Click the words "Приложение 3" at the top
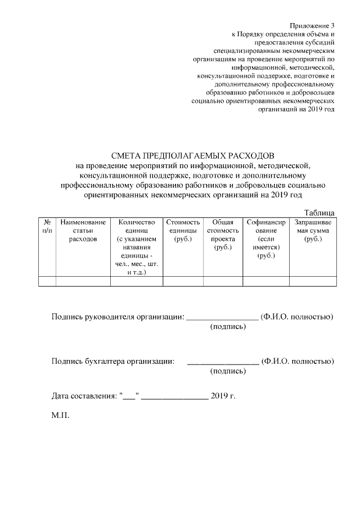[312, 26]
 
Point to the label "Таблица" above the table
[319, 212]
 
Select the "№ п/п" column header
[47, 227]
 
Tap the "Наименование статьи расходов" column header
[83, 231]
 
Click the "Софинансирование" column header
[265, 227]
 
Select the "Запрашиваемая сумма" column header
[312, 227]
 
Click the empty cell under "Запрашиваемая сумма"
[312, 281]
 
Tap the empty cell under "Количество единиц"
[136, 281]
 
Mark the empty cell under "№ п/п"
[47, 281]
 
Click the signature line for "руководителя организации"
[222, 318]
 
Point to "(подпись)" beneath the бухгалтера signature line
[228, 371]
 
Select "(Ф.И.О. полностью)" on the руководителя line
[298, 317]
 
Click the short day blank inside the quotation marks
[129, 397]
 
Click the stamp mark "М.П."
[60, 418]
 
